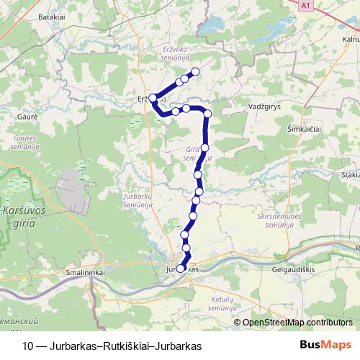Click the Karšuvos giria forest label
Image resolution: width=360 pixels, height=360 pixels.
(x=24, y=217)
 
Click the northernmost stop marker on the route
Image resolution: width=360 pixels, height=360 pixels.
(x=195, y=71)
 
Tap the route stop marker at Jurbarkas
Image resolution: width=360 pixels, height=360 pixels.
(x=181, y=268)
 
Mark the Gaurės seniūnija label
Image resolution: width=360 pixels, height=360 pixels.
(x=24, y=142)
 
